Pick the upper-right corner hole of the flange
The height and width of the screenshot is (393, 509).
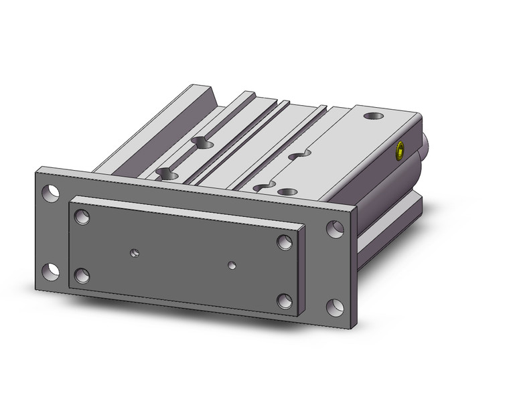pos(334,228)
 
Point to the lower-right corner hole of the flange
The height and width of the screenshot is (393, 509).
pos(335,309)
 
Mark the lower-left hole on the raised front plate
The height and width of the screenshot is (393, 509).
pos(82,274)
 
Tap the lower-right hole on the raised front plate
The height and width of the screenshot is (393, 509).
pos(285,301)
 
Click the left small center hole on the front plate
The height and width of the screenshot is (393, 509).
pos(135,253)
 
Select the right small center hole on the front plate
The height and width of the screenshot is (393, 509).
pos(232,264)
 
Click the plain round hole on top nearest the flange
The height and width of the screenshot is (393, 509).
pos(288,193)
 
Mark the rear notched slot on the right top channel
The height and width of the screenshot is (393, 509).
pos(297,155)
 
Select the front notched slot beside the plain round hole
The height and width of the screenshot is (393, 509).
pos(265,186)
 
